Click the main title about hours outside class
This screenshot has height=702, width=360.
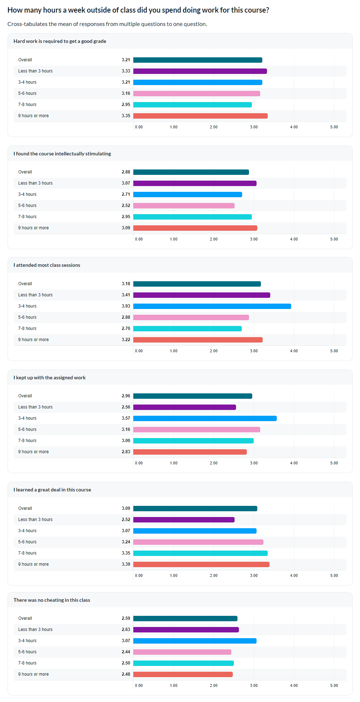pos(138,10)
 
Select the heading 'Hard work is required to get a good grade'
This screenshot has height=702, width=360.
pos(60,41)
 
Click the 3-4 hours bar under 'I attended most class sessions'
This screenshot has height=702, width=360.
pos(212,306)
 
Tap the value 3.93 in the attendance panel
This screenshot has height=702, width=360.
pos(126,306)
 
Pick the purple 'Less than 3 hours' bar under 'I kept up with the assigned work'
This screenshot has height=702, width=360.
pos(185,407)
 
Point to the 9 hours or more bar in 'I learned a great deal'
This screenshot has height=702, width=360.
pos(201,564)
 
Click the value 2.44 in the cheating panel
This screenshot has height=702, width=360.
pos(126,652)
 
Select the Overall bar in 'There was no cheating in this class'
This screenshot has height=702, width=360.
pos(185,618)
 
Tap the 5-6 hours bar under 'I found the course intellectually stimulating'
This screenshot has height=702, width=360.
pos(184,206)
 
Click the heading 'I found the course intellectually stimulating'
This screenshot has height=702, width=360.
pos(62,154)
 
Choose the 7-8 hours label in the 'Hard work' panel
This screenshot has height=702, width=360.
pos(27,105)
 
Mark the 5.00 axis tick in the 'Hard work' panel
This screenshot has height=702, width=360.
pos(334,127)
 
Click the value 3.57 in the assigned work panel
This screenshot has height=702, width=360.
pos(126,418)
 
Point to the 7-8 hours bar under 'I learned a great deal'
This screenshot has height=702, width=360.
pos(200,553)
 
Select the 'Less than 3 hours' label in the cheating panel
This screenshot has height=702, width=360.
pos(35,630)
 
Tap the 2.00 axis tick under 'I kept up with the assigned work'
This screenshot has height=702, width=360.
pos(214,463)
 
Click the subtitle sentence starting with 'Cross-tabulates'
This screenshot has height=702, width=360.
pos(107,24)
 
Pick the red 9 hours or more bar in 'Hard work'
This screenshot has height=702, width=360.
pos(200,116)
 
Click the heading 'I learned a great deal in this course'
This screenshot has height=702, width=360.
pos(52,490)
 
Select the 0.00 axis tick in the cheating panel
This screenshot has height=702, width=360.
pos(139,685)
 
